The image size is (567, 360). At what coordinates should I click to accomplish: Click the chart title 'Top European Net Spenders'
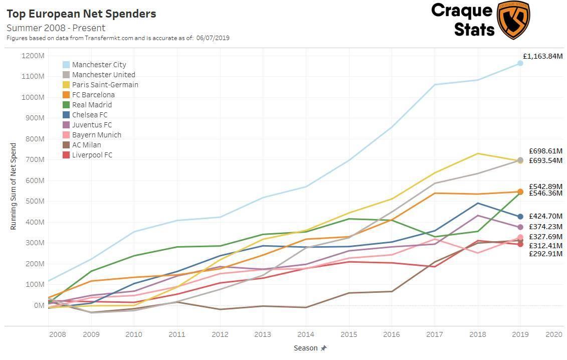click(x=81, y=14)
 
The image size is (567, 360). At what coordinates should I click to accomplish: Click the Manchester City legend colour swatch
click(x=66, y=65)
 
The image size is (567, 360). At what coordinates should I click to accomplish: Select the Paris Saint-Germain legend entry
click(x=105, y=85)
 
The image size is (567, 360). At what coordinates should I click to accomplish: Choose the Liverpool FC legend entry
click(x=92, y=155)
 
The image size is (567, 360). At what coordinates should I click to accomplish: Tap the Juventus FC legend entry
click(x=92, y=125)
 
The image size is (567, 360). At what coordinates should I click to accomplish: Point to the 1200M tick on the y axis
click(x=33, y=56)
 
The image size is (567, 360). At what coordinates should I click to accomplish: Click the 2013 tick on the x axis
click(x=263, y=334)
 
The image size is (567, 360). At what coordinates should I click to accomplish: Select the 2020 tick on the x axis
click(x=553, y=334)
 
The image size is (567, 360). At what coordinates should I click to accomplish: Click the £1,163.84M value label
click(x=542, y=56)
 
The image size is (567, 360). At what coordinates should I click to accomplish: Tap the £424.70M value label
click(x=545, y=217)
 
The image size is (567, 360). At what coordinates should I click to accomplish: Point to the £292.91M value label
click(x=545, y=254)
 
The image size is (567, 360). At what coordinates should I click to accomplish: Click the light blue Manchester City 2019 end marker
click(x=520, y=63)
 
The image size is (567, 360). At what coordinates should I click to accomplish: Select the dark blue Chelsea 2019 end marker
click(x=520, y=217)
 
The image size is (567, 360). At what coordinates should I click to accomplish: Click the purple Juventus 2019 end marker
click(x=520, y=227)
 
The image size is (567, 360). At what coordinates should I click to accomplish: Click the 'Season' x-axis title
click(x=306, y=348)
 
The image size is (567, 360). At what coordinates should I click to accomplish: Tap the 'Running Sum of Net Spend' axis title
click(x=14, y=187)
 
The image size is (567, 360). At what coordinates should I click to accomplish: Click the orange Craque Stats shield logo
click(x=513, y=20)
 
